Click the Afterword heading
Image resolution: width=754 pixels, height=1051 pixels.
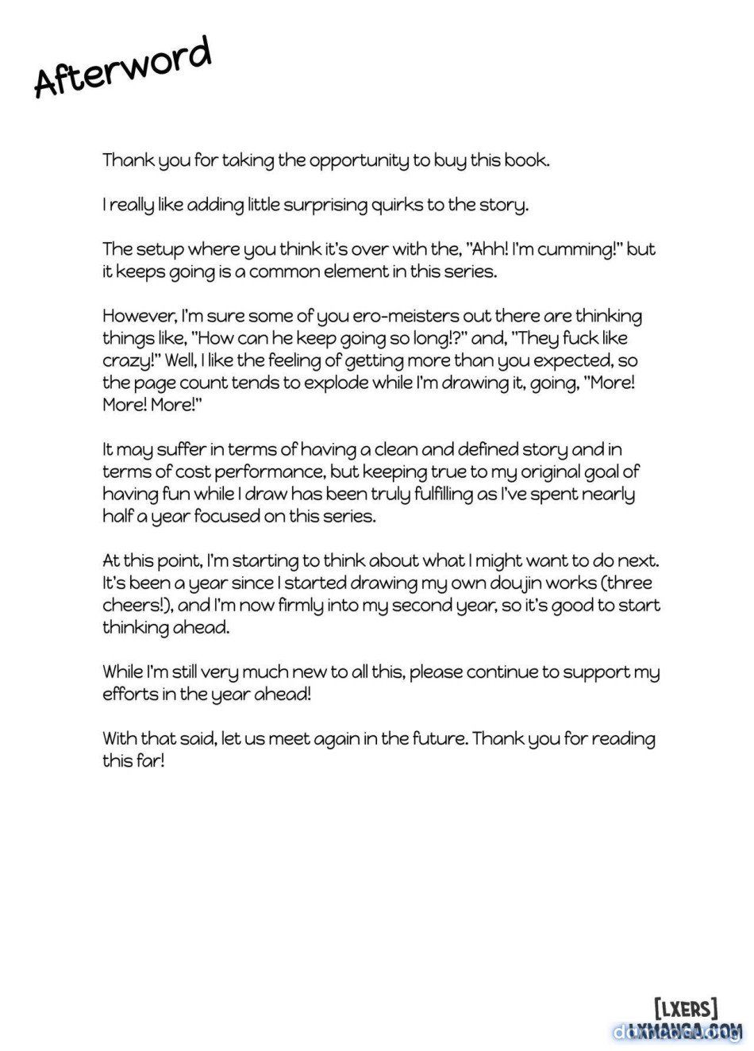point(123,67)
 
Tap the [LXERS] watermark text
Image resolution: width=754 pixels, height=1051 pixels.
point(686,1009)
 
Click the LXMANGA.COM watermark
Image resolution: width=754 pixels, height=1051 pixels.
point(684,1031)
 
